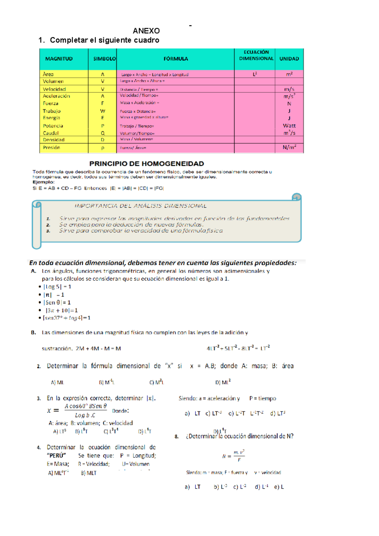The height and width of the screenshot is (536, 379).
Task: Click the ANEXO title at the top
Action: point(146,31)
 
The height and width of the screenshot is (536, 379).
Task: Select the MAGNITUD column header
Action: point(59,59)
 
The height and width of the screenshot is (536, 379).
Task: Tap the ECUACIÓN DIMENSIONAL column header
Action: point(256,55)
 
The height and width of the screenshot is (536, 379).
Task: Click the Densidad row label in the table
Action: point(54,140)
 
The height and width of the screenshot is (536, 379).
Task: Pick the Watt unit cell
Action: point(289,125)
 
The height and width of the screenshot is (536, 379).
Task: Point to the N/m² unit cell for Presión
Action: point(289,147)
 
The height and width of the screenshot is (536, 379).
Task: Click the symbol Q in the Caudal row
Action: point(103,133)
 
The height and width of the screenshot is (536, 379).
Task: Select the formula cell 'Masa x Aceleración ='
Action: point(139,103)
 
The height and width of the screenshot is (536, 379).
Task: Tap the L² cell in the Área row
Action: point(255,74)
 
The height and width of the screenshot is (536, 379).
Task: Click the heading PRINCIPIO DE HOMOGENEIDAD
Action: point(147,164)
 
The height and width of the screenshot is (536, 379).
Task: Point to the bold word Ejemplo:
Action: point(43,182)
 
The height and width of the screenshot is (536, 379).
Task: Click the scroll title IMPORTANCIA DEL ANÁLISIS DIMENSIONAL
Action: point(141,206)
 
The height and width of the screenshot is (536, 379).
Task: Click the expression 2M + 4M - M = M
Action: point(98,349)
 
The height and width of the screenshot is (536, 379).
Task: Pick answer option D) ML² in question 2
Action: point(223,382)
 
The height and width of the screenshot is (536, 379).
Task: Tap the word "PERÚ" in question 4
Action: point(56,455)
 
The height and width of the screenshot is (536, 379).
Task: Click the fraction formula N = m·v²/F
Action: point(233,456)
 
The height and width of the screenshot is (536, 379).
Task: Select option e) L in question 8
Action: point(279,487)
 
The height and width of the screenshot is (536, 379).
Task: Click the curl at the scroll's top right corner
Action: point(296,197)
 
